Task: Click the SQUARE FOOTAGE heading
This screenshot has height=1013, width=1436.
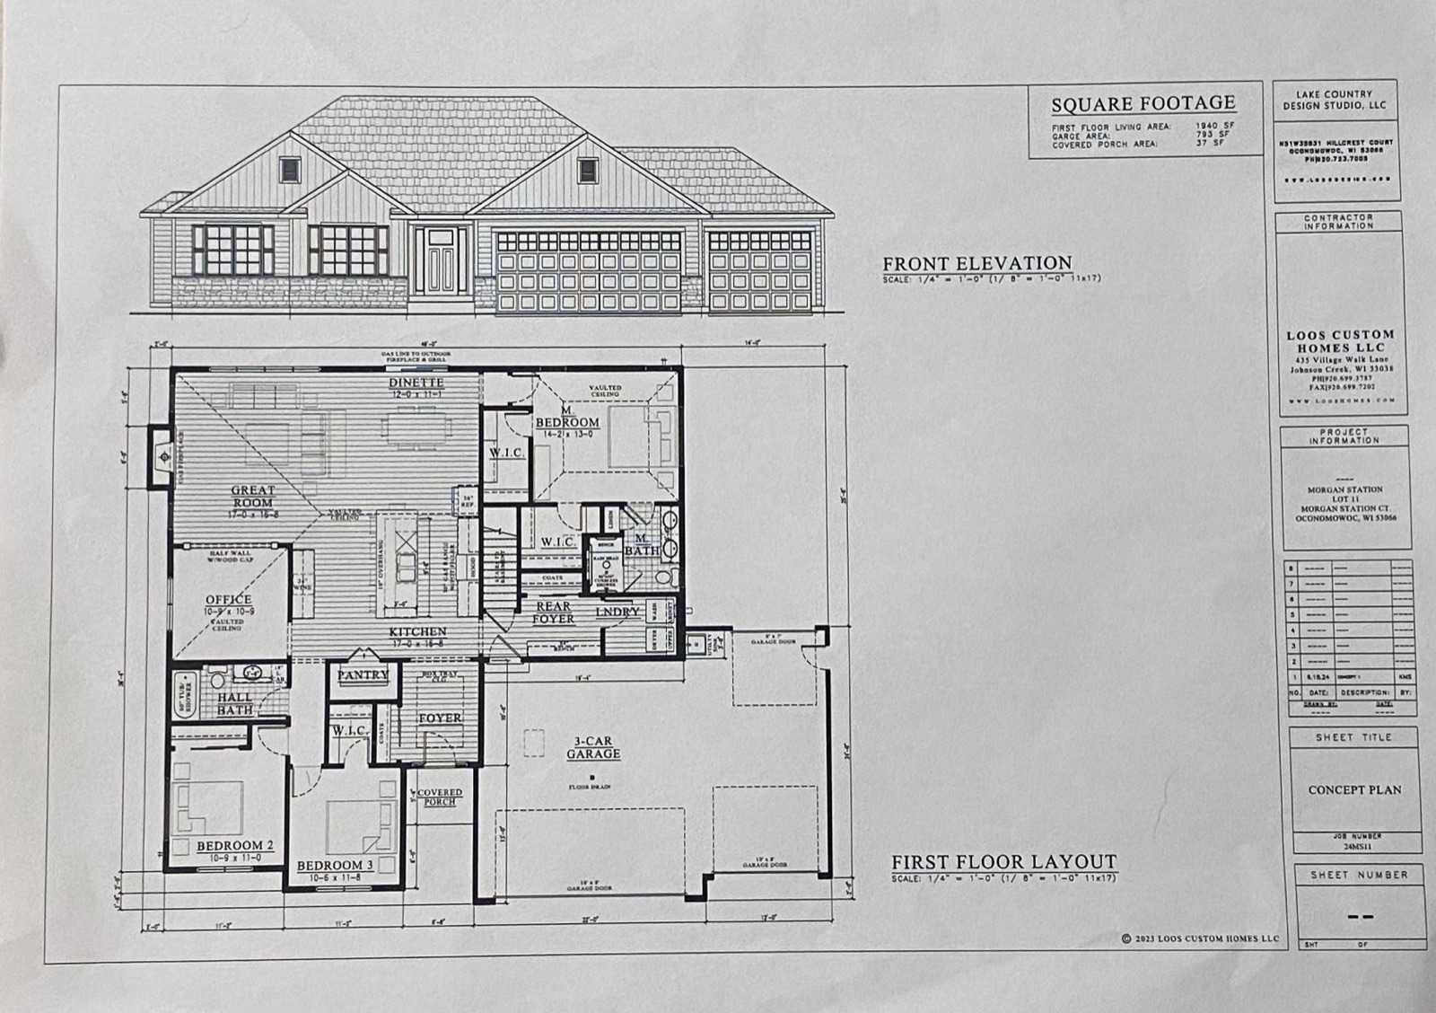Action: tap(1143, 104)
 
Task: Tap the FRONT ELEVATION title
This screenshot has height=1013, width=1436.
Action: tap(976, 263)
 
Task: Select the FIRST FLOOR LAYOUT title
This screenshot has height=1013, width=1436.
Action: tap(1003, 862)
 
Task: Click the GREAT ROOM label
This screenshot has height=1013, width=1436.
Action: tap(253, 497)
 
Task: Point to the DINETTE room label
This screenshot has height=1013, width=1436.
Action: tap(416, 383)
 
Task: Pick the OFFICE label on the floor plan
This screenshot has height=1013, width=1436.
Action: tap(229, 599)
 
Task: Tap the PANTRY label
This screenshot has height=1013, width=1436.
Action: tap(363, 674)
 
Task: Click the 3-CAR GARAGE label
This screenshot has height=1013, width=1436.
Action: tap(593, 748)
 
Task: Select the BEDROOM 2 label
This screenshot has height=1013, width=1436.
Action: tap(235, 846)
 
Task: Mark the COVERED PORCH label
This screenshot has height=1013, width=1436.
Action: tap(440, 797)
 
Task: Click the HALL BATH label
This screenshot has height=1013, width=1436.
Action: tap(234, 703)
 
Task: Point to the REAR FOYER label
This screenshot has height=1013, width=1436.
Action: tap(553, 612)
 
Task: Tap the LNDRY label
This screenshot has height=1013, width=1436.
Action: tap(617, 612)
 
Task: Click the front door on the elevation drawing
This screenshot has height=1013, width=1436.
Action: tap(440, 261)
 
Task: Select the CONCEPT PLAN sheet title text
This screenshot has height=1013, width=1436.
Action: tap(1354, 790)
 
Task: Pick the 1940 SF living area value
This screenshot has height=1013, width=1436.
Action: tap(1214, 127)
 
